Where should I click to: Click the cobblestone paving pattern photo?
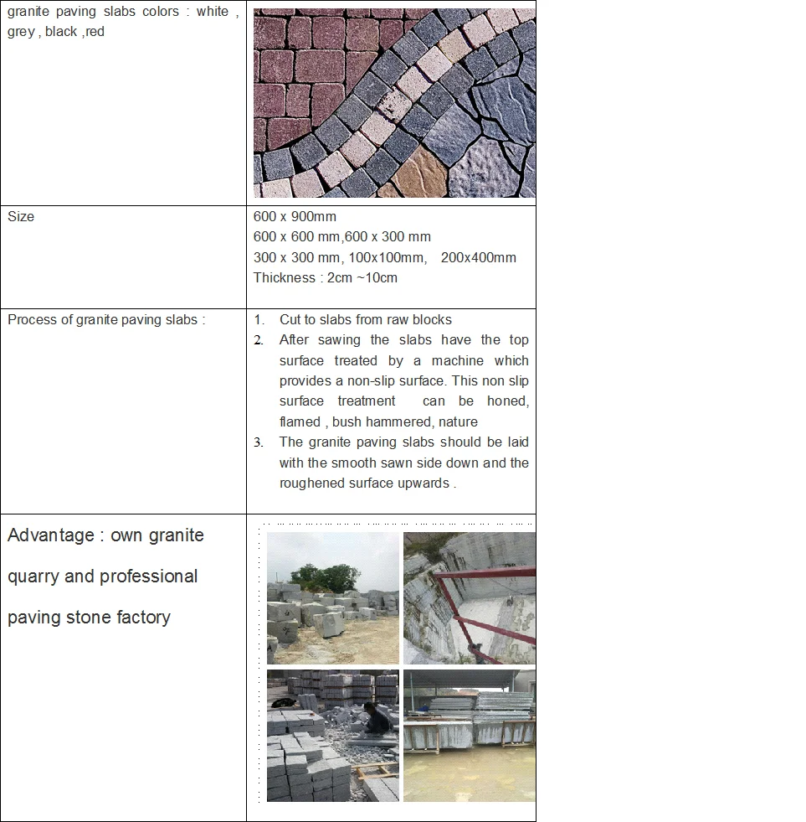pyautogui.click(x=394, y=103)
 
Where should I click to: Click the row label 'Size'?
pyautogui.click(x=21, y=216)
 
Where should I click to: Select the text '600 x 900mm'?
pyautogui.click(x=295, y=216)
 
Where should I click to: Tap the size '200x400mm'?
pyautogui.click(x=478, y=257)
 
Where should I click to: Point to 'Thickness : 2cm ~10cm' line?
pyautogui.click(x=326, y=277)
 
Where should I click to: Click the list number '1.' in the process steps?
pyautogui.click(x=259, y=319)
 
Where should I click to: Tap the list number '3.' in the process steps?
pyautogui.click(x=259, y=442)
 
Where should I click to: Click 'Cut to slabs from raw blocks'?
pyautogui.click(x=365, y=319)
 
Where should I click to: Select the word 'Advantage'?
pyautogui.click(x=51, y=535)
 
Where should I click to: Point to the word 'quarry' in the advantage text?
pyautogui.click(x=33, y=576)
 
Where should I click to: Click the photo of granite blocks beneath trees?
pyautogui.click(x=332, y=598)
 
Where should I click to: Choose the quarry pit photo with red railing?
pyautogui.click(x=469, y=598)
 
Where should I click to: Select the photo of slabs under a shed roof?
pyautogui.click(x=469, y=735)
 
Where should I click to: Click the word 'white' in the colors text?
pyautogui.click(x=213, y=12)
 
